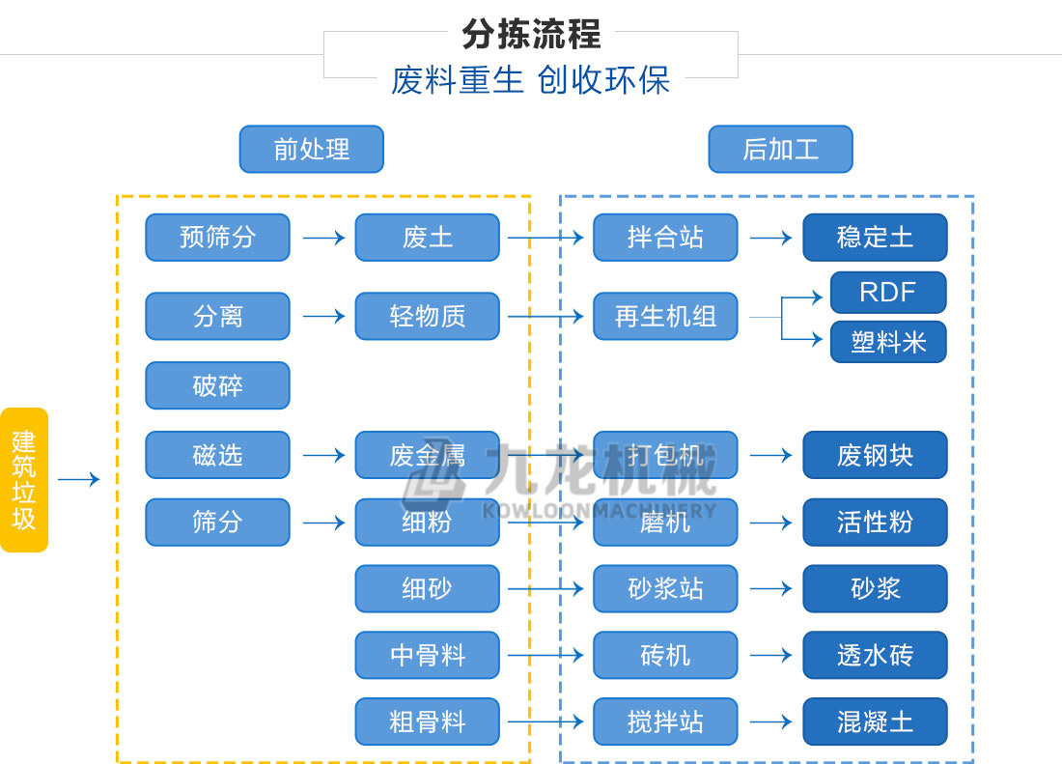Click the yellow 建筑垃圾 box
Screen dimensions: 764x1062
pyautogui.click(x=24, y=480)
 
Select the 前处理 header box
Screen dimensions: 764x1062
pyautogui.click(x=311, y=150)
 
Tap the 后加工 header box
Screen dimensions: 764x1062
pyautogui.click(x=780, y=150)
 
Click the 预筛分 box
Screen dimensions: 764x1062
pyautogui.click(x=217, y=238)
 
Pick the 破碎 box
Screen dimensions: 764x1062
pyautogui.click(x=217, y=385)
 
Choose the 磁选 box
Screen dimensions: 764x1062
pyautogui.click(x=217, y=455)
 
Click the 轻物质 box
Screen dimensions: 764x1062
pyautogui.click(x=427, y=316)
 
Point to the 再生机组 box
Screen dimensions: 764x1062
pyautogui.click(x=665, y=316)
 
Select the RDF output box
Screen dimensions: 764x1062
pyautogui.click(x=887, y=293)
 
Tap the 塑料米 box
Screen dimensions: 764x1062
pyautogui.click(x=887, y=342)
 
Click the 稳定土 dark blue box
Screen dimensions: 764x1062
pyautogui.click(x=875, y=238)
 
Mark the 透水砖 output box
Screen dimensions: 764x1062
pyautogui.click(x=875, y=656)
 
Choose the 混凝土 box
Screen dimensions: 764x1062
pyautogui.click(x=875, y=722)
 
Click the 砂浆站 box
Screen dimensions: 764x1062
pyautogui.click(x=665, y=589)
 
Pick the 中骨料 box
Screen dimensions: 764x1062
pyautogui.click(x=427, y=656)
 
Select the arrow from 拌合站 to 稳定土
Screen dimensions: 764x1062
pyautogui.click(x=770, y=238)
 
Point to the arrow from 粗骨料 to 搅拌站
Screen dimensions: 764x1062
pyautogui.click(x=545, y=722)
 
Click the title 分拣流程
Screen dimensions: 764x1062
pyautogui.click(x=531, y=34)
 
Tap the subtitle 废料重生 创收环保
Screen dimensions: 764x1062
pyautogui.click(x=531, y=79)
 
